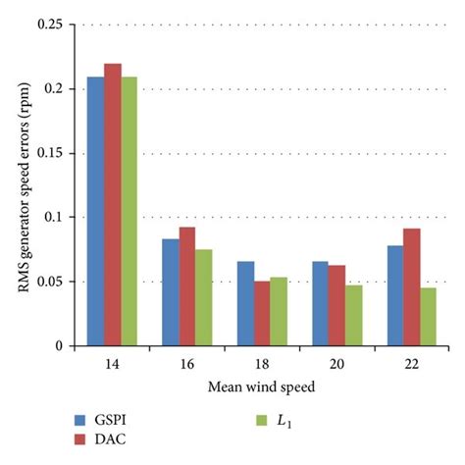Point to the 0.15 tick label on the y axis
pyautogui.click(x=51, y=154)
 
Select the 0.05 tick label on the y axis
pyautogui.click(x=51, y=283)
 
